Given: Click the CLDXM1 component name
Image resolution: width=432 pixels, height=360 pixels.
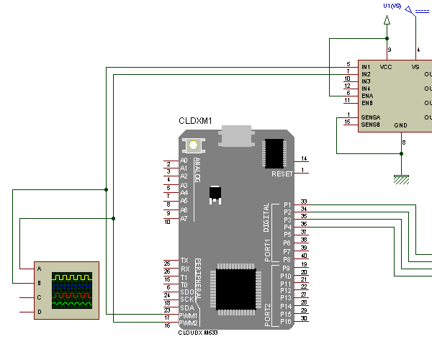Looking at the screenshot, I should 195,121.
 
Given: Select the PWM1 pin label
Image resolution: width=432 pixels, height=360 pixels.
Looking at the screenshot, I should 189,315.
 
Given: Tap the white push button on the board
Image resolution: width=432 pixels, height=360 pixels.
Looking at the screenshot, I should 194,144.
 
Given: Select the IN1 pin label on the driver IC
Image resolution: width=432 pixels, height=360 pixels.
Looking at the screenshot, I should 366,67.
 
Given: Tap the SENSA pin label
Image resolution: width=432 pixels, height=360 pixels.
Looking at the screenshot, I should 371,117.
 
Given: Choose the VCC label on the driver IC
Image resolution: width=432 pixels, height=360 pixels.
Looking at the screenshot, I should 386,66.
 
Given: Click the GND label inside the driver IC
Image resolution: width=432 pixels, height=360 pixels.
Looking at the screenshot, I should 401,125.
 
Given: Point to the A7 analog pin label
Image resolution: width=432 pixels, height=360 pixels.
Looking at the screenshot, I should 184,218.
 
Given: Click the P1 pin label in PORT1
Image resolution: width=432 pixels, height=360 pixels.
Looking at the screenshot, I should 287,204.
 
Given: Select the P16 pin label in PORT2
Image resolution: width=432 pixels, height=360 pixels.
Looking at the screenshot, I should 285,321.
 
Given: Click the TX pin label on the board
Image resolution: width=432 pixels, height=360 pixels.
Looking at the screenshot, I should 184,261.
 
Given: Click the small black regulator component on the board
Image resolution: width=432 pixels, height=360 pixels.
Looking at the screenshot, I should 215,193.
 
